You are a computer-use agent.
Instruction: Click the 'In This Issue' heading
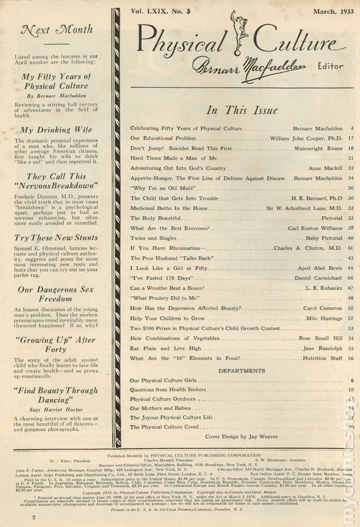tap(242, 110)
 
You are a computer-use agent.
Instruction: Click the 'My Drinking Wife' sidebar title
tap(55, 130)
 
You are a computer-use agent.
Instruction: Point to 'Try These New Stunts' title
tap(55, 239)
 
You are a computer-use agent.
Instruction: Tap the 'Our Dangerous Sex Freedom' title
tap(55, 293)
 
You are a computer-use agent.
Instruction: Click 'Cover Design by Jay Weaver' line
tap(242, 437)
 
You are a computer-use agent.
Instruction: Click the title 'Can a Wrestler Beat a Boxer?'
tap(168, 288)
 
